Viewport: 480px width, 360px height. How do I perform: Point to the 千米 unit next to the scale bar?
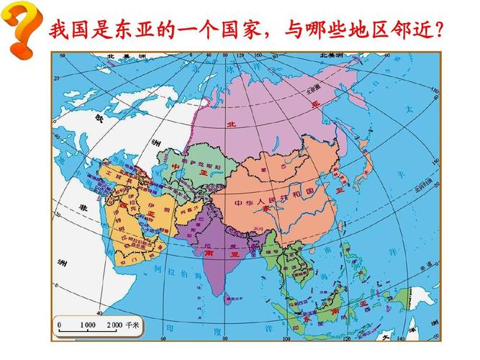click(x=132, y=325)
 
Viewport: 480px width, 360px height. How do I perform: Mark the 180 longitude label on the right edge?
click(x=433, y=91)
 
